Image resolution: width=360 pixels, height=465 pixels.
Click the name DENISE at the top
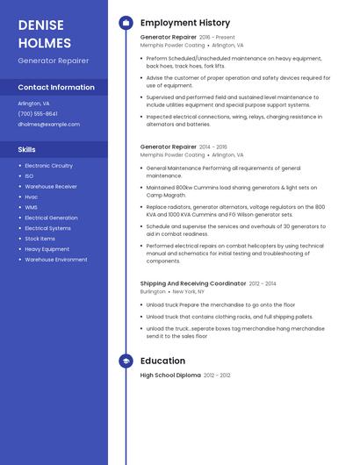tap(39, 24)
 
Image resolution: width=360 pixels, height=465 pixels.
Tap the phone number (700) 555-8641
tap(38, 113)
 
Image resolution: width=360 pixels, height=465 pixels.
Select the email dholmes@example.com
tap(48, 124)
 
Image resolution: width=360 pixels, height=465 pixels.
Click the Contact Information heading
tap(56, 88)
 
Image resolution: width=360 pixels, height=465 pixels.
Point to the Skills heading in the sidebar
tap(26, 149)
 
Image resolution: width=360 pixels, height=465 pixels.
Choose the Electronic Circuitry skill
tap(48, 166)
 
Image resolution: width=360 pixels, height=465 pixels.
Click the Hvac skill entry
tap(31, 197)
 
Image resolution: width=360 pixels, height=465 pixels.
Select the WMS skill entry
tap(31, 207)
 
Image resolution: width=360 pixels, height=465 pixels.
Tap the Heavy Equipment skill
tap(47, 249)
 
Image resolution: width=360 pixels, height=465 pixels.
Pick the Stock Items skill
tap(40, 239)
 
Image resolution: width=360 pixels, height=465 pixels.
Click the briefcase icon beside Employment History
tap(126, 23)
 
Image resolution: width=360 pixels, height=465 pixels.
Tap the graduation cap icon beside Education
tap(126, 361)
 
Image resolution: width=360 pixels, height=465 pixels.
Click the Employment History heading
tap(184, 23)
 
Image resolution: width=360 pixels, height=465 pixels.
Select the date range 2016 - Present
tap(217, 38)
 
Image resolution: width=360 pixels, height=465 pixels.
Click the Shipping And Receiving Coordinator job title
tap(192, 283)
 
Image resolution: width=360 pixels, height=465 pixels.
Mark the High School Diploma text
tap(170, 375)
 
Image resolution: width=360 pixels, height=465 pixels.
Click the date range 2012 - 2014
tap(263, 283)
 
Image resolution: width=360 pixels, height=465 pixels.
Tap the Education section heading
tap(162, 361)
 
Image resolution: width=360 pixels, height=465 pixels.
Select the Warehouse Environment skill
tap(55, 260)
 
